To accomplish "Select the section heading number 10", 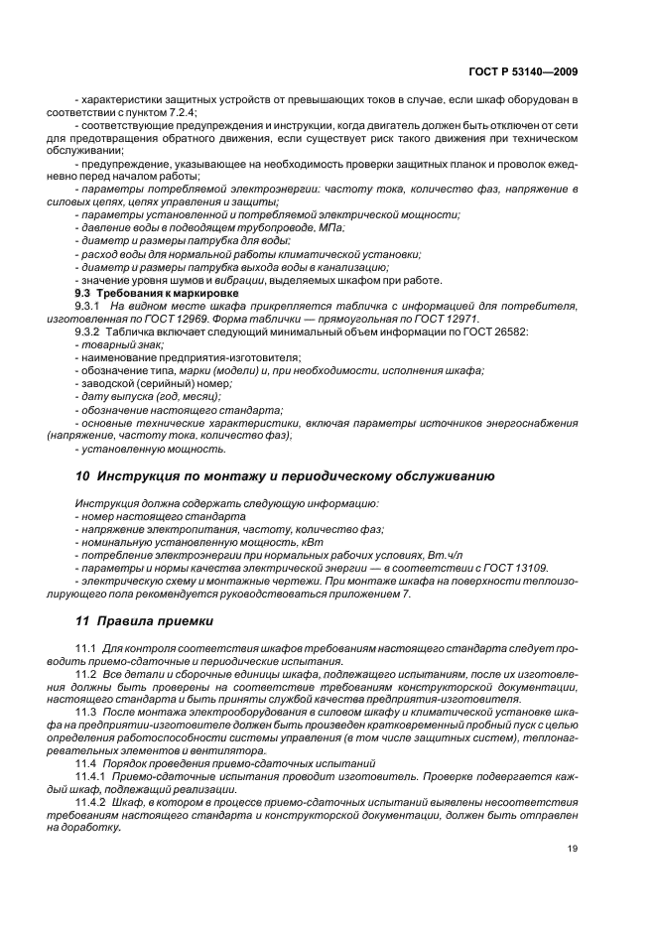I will (x=83, y=475).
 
